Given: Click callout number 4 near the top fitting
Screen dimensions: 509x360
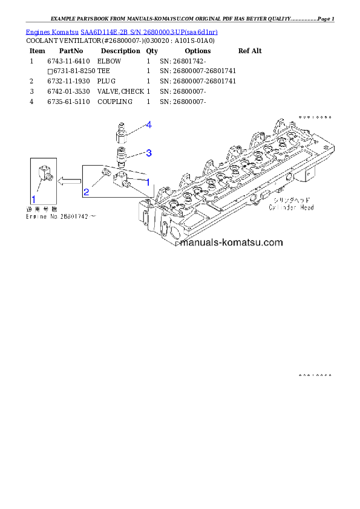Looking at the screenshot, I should tap(148, 125).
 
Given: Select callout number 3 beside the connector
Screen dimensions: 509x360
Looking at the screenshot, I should tap(148, 152).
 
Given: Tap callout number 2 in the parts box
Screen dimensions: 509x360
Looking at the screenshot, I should tap(87, 192).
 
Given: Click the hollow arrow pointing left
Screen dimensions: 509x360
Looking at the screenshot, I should tap(70, 180).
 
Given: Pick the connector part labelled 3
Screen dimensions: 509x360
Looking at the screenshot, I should tap(122, 156).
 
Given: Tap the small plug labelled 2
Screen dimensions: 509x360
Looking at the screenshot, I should tap(105, 173).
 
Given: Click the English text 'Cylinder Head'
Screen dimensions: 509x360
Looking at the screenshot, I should tap(292, 207).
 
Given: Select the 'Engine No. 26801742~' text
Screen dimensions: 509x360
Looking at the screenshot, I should tap(60, 216).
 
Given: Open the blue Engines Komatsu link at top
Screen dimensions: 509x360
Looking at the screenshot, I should tap(122, 31).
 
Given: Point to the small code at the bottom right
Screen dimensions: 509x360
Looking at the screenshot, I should tap(315, 375).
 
